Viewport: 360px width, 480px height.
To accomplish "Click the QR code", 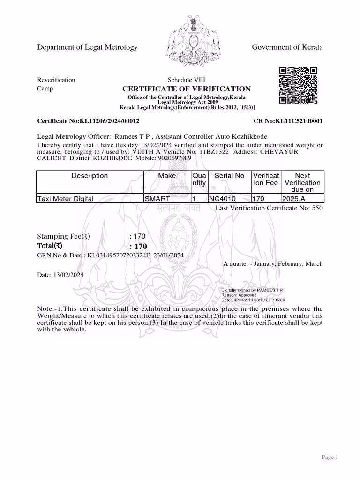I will tap(298, 85).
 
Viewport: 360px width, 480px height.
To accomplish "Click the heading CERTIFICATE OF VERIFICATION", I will tap(187, 89).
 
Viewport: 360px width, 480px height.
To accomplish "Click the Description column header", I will tap(90, 176).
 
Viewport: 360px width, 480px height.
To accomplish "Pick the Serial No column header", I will tap(229, 176).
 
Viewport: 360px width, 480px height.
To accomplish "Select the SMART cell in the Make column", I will tap(157, 199).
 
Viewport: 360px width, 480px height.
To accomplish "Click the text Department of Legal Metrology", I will tap(87, 47).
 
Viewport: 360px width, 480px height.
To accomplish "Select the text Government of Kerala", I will tap(287, 47).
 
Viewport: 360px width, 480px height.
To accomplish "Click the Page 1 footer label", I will tap(330, 457).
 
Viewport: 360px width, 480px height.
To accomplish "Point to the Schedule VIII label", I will tap(186, 80).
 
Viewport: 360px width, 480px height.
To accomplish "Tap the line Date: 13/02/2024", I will tap(60, 275).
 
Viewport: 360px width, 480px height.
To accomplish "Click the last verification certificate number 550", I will tap(317, 208).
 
